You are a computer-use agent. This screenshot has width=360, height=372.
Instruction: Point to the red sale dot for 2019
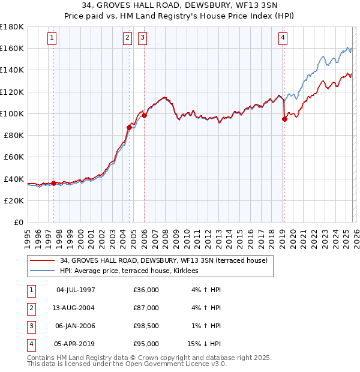coord(284,119)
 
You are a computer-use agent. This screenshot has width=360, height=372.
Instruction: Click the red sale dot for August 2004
coord(129,127)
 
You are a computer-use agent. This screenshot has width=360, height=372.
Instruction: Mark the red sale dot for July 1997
coord(54,183)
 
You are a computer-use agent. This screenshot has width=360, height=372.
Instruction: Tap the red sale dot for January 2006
coord(144,115)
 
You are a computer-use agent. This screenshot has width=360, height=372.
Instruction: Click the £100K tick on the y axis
coord(12,113)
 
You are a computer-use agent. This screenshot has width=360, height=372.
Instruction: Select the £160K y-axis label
coord(12,48)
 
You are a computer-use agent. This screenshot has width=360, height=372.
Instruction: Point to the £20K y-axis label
coord(14,200)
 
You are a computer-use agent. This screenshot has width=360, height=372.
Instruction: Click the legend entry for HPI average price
coord(133,271)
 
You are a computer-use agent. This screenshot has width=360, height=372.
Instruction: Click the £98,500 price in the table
coord(146,326)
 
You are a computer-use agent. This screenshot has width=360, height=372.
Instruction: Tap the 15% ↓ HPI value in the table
coord(204,344)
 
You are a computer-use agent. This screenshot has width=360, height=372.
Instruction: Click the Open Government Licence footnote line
coord(127,364)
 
